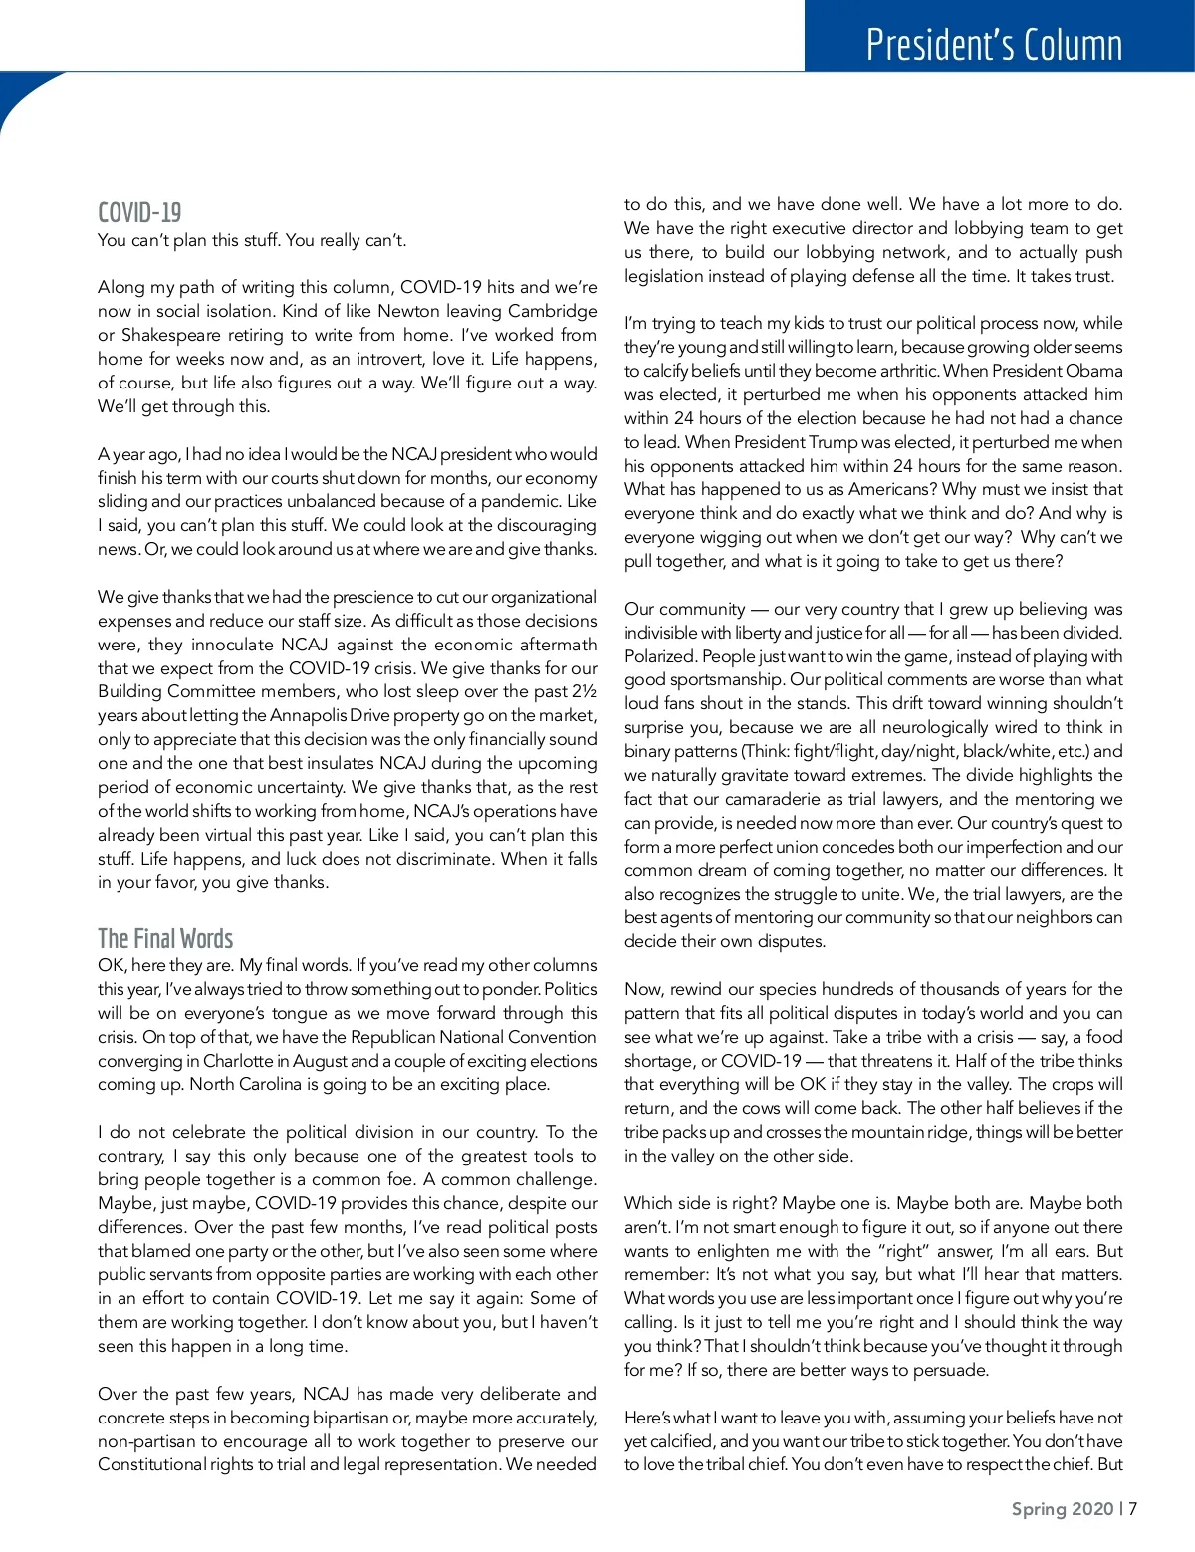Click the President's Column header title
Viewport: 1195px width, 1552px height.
coord(994,46)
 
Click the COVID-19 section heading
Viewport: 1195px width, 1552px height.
coord(139,212)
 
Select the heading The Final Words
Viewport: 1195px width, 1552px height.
coord(165,938)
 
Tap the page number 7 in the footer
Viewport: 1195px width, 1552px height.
coord(1133,1508)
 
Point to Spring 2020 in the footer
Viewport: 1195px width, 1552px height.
coord(1062,1508)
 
